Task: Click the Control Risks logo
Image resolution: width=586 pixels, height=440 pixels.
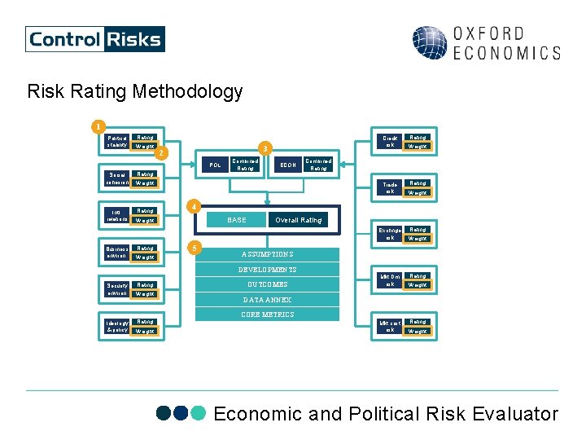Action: click(x=94, y=39)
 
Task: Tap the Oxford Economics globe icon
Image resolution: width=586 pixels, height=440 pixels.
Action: click(x=429, y=43)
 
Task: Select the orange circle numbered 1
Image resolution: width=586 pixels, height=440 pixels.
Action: click(x=98, y=126)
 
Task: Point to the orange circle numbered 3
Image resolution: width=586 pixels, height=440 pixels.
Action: click(x=262, y=148)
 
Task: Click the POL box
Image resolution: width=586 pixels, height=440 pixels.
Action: click(x=215, y=165)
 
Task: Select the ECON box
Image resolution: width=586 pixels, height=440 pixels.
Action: click(x=287, y=165)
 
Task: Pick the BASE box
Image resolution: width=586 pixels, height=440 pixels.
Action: click(x=236, y=220)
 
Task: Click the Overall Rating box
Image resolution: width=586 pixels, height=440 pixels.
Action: click(x=298, y=220)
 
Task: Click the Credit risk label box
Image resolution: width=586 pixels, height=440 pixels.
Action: click(x=390, y=142)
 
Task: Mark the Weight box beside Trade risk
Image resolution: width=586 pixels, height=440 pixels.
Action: click(x=418, y=192)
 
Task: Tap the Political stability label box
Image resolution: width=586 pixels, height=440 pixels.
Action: click(x=117, y=142)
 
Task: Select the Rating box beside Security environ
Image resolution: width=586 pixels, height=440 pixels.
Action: click(x=145, y=285)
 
